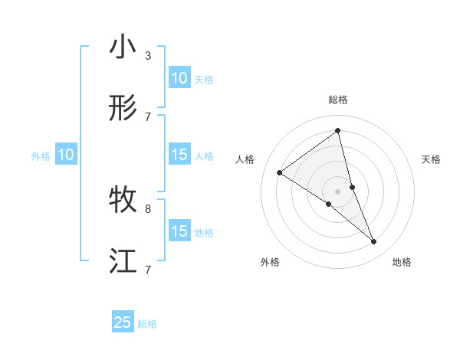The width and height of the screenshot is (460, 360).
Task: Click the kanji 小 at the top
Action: [x=123, y=47]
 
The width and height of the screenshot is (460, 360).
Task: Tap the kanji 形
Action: [x=123, y=108]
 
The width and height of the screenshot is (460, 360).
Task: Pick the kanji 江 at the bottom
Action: [x=123, y=261]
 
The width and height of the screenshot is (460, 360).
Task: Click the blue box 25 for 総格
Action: [x=123, y=322]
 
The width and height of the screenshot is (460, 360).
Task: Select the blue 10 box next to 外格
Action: [x=66, y=155]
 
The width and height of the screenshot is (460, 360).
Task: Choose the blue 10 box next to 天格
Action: [x=179, y=78]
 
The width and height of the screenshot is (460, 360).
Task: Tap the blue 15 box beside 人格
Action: [x=179, y=155]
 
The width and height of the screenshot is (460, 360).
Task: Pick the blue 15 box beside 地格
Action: [x=179, y=231]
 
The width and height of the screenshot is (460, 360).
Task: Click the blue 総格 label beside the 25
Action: [x=148, y=324]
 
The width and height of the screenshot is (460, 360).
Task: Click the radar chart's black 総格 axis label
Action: [x=338, y=100]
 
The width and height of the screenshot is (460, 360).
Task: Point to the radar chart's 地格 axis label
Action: [x=402, y=262]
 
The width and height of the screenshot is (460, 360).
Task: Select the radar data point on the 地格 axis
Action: [x=374, y=242]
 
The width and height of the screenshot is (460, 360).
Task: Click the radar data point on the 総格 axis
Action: [x=338, y=131]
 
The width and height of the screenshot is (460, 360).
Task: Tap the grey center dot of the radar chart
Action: [x=338, y=191]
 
